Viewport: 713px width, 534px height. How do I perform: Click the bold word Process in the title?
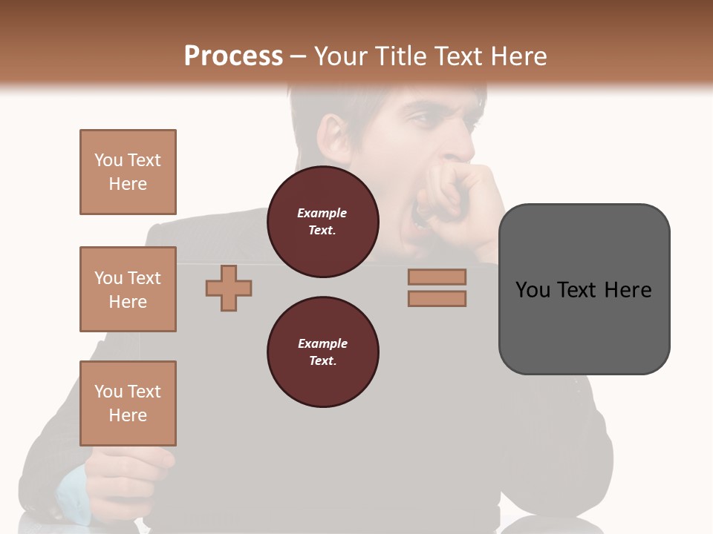pos(233,56)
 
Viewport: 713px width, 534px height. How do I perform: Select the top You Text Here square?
pos(128,172)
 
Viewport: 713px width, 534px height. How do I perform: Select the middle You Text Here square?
pos(128,289)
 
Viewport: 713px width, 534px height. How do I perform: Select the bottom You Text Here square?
pos(128,403)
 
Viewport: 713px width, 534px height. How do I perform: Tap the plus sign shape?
pos(229,287)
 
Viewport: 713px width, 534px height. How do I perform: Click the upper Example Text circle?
pos(322,222)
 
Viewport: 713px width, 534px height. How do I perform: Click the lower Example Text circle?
pos(322,352)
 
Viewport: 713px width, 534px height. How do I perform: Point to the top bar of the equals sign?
pos(437,277)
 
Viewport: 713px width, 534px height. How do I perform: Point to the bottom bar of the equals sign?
pos(437,298)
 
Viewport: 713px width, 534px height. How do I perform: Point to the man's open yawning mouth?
pos(422,215)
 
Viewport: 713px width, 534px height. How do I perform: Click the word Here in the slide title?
pos(518,56)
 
